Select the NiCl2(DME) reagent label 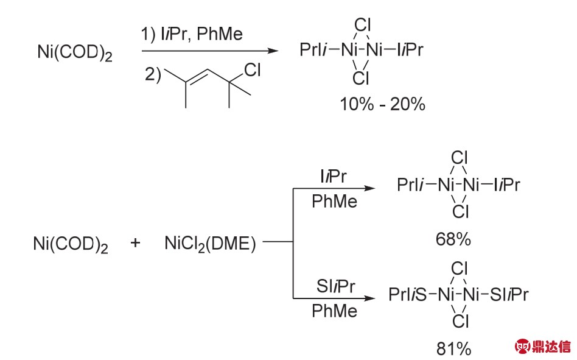point(210,244)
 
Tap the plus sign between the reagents point(135,244)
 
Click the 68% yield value point(453,239)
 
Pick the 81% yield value point(453,348)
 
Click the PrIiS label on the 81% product point(408,295)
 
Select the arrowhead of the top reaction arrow point(280,52)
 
